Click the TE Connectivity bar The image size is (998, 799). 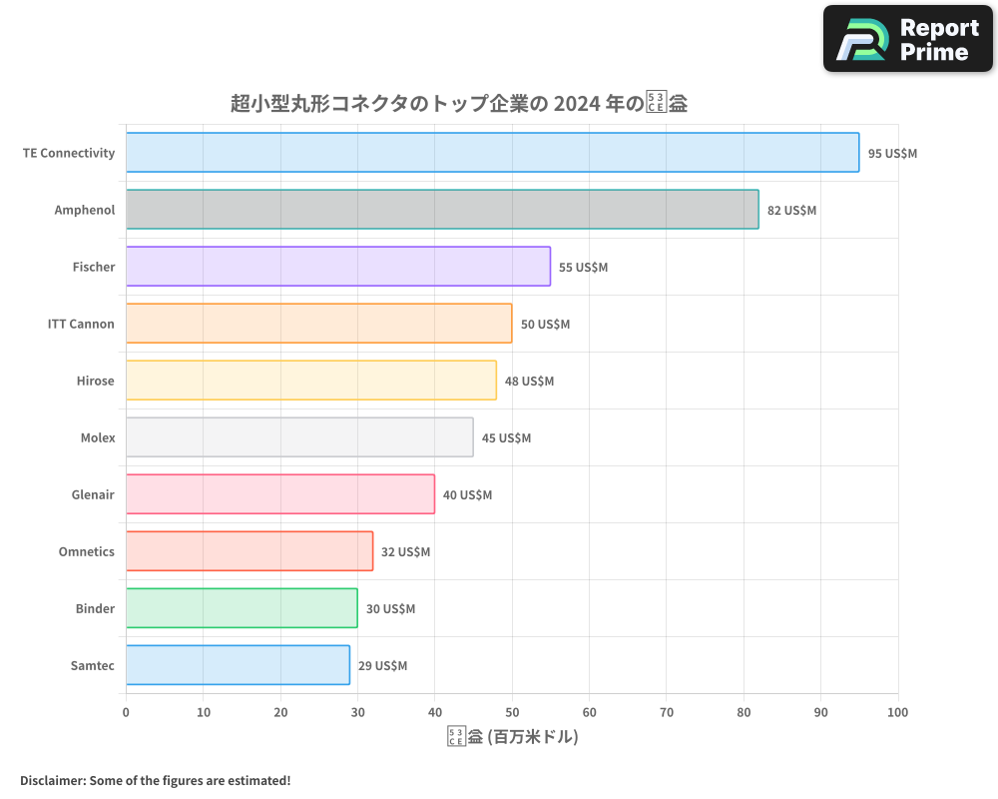pyautogui.click(x=492, y=153)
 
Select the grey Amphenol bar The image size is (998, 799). pyautogui.click(x=442, y=210)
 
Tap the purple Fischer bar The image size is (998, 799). pyautogui.click(x=338, y=267)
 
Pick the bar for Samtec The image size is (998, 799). pyautogui.click(x=238, y=665)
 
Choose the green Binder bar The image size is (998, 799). pyautogui.click(x=242, y=608)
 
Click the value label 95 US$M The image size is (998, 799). pyautogui.click(x=892, y=154)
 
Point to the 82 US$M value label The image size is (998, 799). pyautogui.click(x=791, y=211)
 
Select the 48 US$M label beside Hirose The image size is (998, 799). pyautogui.click(x=529, y=382)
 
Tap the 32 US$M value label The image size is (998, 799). pyautogui.click(x=405, y=552)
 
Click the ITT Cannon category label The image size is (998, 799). pyautogui.click(x=81, y=324)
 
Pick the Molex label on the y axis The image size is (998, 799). pyautogui.click(x=98, y=437)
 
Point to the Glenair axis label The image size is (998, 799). pyautogui.click(x=93, y=494)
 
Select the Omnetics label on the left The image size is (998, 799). pyautogui.click(x=87, y=551)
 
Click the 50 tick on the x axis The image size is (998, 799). pyautogui.click(x=512, y=712)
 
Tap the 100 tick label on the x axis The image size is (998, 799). pyautogui.click(x=897, y=712)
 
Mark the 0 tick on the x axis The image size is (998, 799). pyautogui.click(x=126, y=712)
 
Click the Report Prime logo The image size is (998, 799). pyautogui.click(x=908, y=39)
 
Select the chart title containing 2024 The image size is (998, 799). pyautogui.click(x=458, y=103)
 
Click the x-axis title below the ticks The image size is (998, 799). pyautogui.click(x=512, y=737)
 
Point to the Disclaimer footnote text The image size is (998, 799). pyautogui.click(x=155, y=780)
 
